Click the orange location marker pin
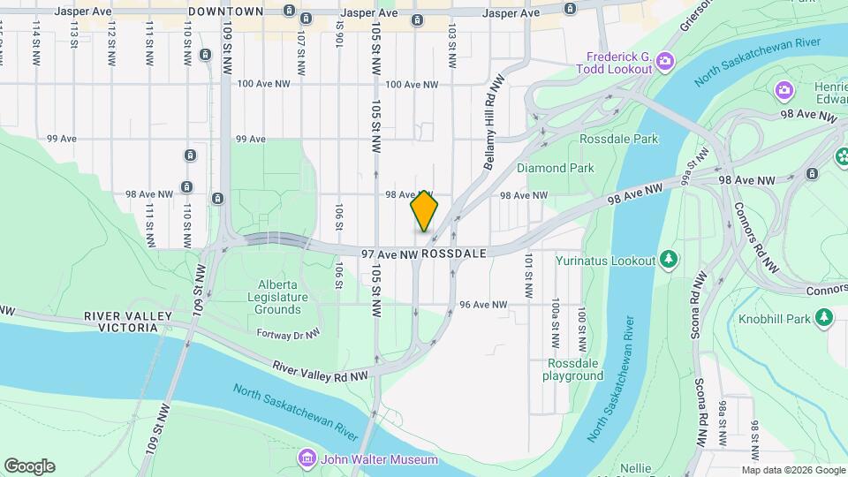[x=425, y=211]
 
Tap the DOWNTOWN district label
[x=226, y=11]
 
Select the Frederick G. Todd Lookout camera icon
[x=664, y=60]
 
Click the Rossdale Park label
[x=619, y=139]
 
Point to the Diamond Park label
[x=555, y=167]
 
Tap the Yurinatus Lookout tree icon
[x=670, y=259]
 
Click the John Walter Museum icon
[x=307, y=458]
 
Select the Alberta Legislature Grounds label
[x=279, y=297]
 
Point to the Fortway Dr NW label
[x=287, y=333]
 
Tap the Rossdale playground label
[x=574, y=369]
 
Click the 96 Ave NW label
[x=483, y=305]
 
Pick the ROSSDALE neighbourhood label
[x=454, y=254]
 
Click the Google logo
[x=29, y=466]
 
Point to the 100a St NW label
[x=555, y=319]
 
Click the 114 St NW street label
[x=36, y=40]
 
